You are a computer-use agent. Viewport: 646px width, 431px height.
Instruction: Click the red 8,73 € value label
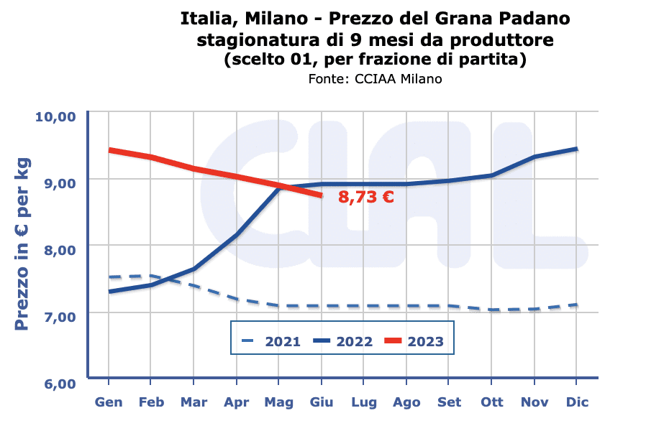366,196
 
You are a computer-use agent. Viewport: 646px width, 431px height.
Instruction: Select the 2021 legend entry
272,341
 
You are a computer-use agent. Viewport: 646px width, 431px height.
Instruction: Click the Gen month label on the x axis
108,402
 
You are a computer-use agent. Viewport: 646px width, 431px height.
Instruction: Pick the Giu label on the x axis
321,402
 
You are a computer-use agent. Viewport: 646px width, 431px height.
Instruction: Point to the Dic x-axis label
576,402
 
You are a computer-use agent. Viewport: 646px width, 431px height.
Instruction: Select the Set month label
449,402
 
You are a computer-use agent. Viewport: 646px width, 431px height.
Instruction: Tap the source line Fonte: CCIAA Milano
374,78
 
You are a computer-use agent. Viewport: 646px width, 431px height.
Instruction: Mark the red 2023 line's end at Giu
321,195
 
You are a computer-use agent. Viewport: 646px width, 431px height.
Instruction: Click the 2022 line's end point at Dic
576,149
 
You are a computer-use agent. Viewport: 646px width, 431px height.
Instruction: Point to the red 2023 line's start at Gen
109,150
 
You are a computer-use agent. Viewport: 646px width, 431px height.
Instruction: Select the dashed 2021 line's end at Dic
576,305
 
